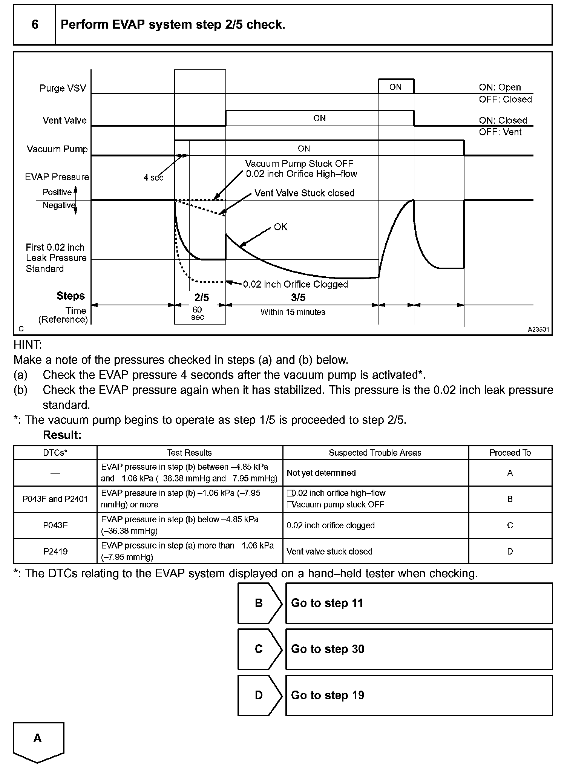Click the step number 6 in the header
pyautogui.click(x=35, y=25)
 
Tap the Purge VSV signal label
pyautogui.click(x=63, y=88)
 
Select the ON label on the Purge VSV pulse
pyautogui.click(x=395, y=87)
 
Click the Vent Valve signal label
pyautogui.click(x=64, y=121)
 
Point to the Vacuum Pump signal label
pyautogui.click(x=57, y=149)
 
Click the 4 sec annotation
pyautogui.click(x=153, y=178)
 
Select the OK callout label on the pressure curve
pyautogui.click(x=280, y=227)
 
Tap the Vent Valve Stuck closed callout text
pyautogui.click(x=304, y=193)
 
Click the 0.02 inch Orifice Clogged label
pyautogui.click(x=295, y=284)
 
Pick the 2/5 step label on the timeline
pyautogui.click(x=202, y=297)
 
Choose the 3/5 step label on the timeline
pyautogui.click(x=298, y=297)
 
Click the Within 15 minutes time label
pyautogui.click(x=293, y=312)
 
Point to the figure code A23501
pyautogui.click(x=538, y=329)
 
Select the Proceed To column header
pyautogui.click(x=510, y=453)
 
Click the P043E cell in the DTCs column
pyautogui.click(x=55, y=525)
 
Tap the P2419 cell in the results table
pyautogui.click(x=55, y=551)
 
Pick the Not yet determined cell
pyautogui.click(x=321, y=473)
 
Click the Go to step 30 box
pyautogui.click(x=418, y=649)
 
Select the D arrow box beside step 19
pyautogui.click(x=259, y=695)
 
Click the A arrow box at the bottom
pyautogui.click(x=38, y=740)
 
